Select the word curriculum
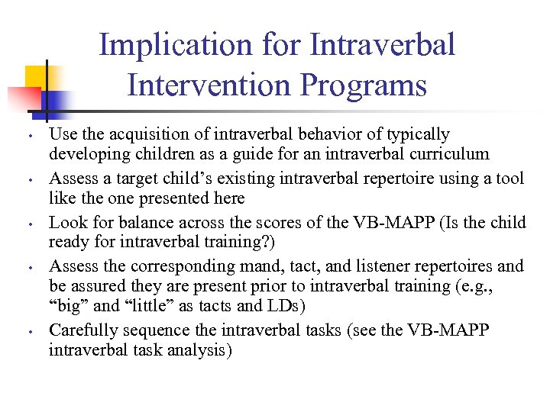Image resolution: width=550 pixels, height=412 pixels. point(451,154)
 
